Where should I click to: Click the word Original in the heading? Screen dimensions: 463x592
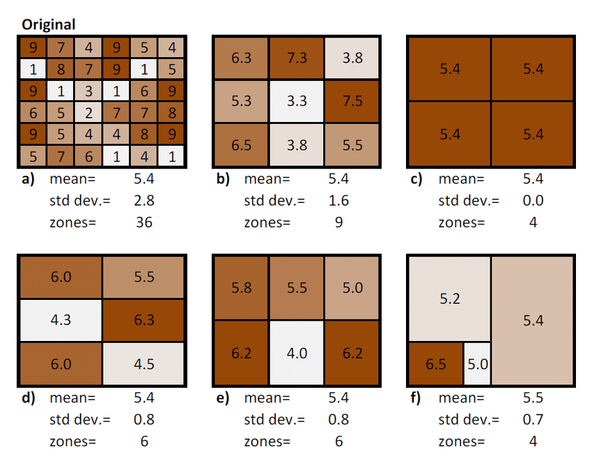point(48,24)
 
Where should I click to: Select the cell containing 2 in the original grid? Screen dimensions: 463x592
point(88,113)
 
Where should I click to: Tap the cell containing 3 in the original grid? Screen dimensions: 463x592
point(88,91)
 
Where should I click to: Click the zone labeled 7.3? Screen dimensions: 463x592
point(297,59)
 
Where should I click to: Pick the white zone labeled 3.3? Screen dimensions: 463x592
point(297,101)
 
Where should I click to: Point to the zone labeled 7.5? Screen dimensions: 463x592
point(352,101)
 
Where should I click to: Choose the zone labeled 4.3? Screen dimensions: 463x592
point(61,320)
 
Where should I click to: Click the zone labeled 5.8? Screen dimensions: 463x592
point(241,288)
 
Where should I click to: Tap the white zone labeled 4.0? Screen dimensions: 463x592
point(297,353)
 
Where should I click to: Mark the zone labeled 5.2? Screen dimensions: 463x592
point(450,299)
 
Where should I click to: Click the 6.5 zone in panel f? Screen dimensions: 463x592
point(435,364)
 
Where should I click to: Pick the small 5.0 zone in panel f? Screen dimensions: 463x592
point(477,364)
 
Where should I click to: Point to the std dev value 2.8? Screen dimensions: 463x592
point(143,201)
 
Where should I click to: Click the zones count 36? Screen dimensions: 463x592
point(143,222)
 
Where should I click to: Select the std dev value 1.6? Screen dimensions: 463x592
point(338,201)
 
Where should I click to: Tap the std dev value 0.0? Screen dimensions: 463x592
point(533,201)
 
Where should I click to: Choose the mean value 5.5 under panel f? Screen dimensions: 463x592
point(533,398)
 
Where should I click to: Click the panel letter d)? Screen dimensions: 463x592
point(29,398)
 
